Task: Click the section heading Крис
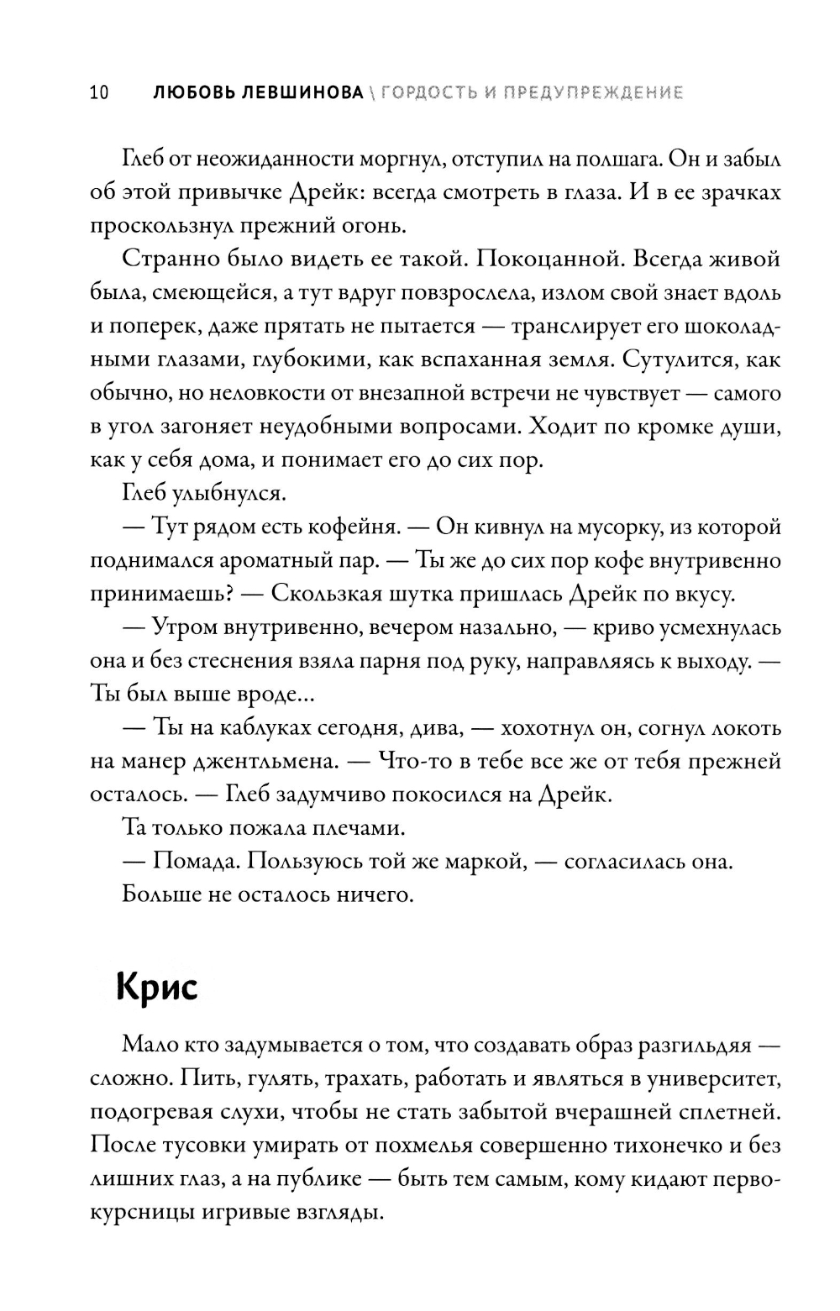tap(157, 986)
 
